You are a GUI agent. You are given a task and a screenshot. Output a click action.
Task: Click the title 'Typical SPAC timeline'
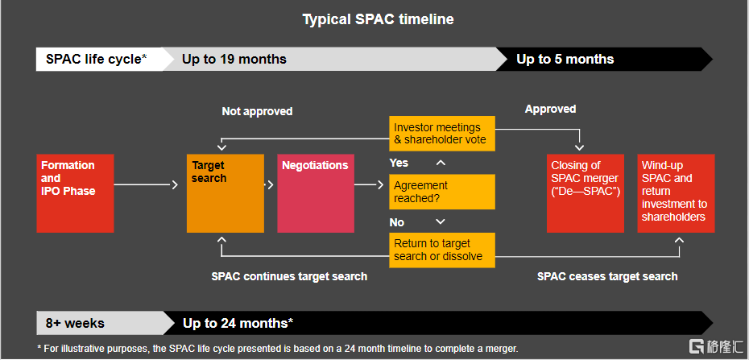[378, 19]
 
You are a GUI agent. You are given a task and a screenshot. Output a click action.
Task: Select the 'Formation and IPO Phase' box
[76, 193]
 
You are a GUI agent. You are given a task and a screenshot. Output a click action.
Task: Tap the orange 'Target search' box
[226, 193]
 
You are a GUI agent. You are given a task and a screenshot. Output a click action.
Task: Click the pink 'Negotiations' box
[316, 193]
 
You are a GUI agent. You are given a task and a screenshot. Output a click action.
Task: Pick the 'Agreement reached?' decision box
[442, 192]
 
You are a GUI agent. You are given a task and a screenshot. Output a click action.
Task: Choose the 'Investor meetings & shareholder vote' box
[442, 134]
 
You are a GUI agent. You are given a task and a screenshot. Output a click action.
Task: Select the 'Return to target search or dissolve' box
[442, 250]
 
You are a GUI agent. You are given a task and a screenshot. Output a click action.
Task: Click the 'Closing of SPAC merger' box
[586, 193]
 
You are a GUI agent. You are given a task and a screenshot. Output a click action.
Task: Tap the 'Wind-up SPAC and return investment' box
[676, 193]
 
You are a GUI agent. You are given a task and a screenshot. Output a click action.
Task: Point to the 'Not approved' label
[257, 112]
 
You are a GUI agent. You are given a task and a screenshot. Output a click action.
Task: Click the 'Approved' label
[550, 110]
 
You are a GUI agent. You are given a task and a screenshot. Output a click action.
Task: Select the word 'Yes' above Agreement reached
[399, 163]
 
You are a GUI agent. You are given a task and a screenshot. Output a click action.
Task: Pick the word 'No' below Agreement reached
[396, 223]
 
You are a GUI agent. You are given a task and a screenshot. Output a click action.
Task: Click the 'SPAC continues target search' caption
[289, 276]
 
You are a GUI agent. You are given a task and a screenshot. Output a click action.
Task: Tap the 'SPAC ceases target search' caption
[607, 276]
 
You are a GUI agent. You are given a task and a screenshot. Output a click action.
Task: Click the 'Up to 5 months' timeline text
[565, 60]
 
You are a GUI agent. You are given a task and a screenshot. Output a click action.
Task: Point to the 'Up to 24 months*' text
[238, 323]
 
